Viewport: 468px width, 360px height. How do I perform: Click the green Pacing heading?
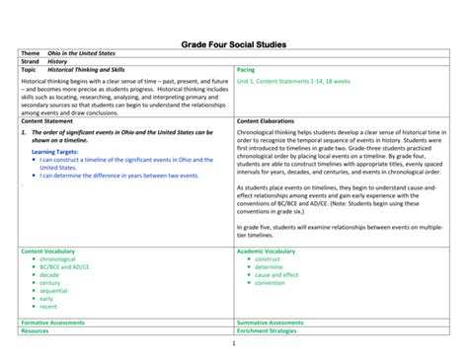pyautogui.click(x=247, y=71)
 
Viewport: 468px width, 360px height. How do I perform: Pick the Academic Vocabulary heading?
pyautogui.click(x=266, y=252)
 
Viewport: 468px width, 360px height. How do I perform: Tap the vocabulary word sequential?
pyautogui.click(x=53, y=291)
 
